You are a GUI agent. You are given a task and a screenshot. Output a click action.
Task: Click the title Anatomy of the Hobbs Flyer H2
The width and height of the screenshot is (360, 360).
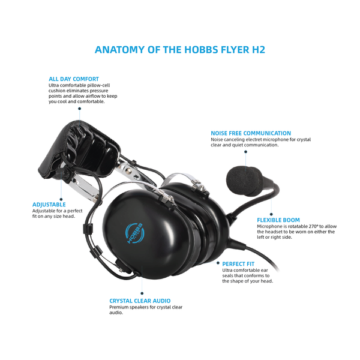pyautogui.click(x=180, y=49)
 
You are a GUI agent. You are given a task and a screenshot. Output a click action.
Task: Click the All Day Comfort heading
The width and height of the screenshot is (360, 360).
pyautogui.click(x=74, y=79)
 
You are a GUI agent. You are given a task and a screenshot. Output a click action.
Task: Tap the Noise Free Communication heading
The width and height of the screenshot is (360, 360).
pyautogui.click(x=251, y=133)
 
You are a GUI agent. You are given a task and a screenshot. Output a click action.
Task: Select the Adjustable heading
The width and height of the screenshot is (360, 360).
pyautogui.click(x=49, y=204)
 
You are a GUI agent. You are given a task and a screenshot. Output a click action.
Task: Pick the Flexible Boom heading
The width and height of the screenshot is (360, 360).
pyautogui.click(x=278, y=220)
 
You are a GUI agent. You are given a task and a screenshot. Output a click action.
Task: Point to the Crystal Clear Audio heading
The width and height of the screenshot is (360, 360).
pyautogui.click(x=140, y=301)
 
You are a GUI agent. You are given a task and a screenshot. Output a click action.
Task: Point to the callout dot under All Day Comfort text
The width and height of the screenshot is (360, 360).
pyautogui.click(x=79, y=109)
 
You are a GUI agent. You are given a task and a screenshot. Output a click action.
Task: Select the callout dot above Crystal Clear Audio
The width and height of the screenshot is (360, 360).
pyautogui.click(x=142, y=293)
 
